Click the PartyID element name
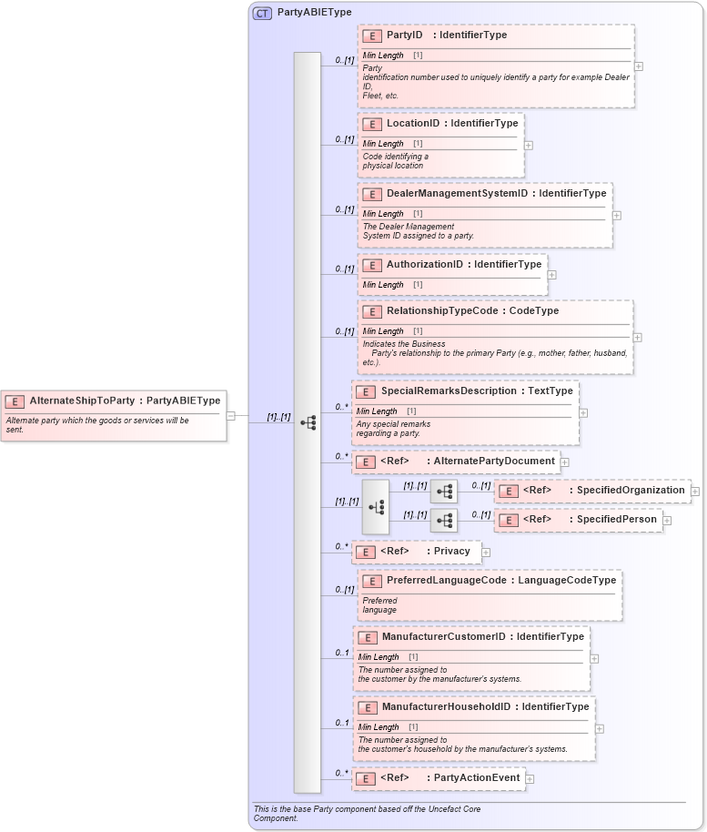(404, 36)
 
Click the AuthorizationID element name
(424, 265)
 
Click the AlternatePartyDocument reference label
(494, 462)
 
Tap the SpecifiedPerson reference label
(616, 520)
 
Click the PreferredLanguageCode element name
(445, 580)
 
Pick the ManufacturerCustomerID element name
(443, 637)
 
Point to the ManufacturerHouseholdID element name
(446, 707)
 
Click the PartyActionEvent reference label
(477, 778)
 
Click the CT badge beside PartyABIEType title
(262, 13)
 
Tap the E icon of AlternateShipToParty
(15, 401)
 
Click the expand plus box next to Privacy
(486, 552)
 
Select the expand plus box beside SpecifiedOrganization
(695, 491)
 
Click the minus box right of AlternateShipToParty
(231, 416)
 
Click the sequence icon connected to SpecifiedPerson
(444, 520)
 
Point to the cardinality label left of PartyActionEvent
(341, 774)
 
